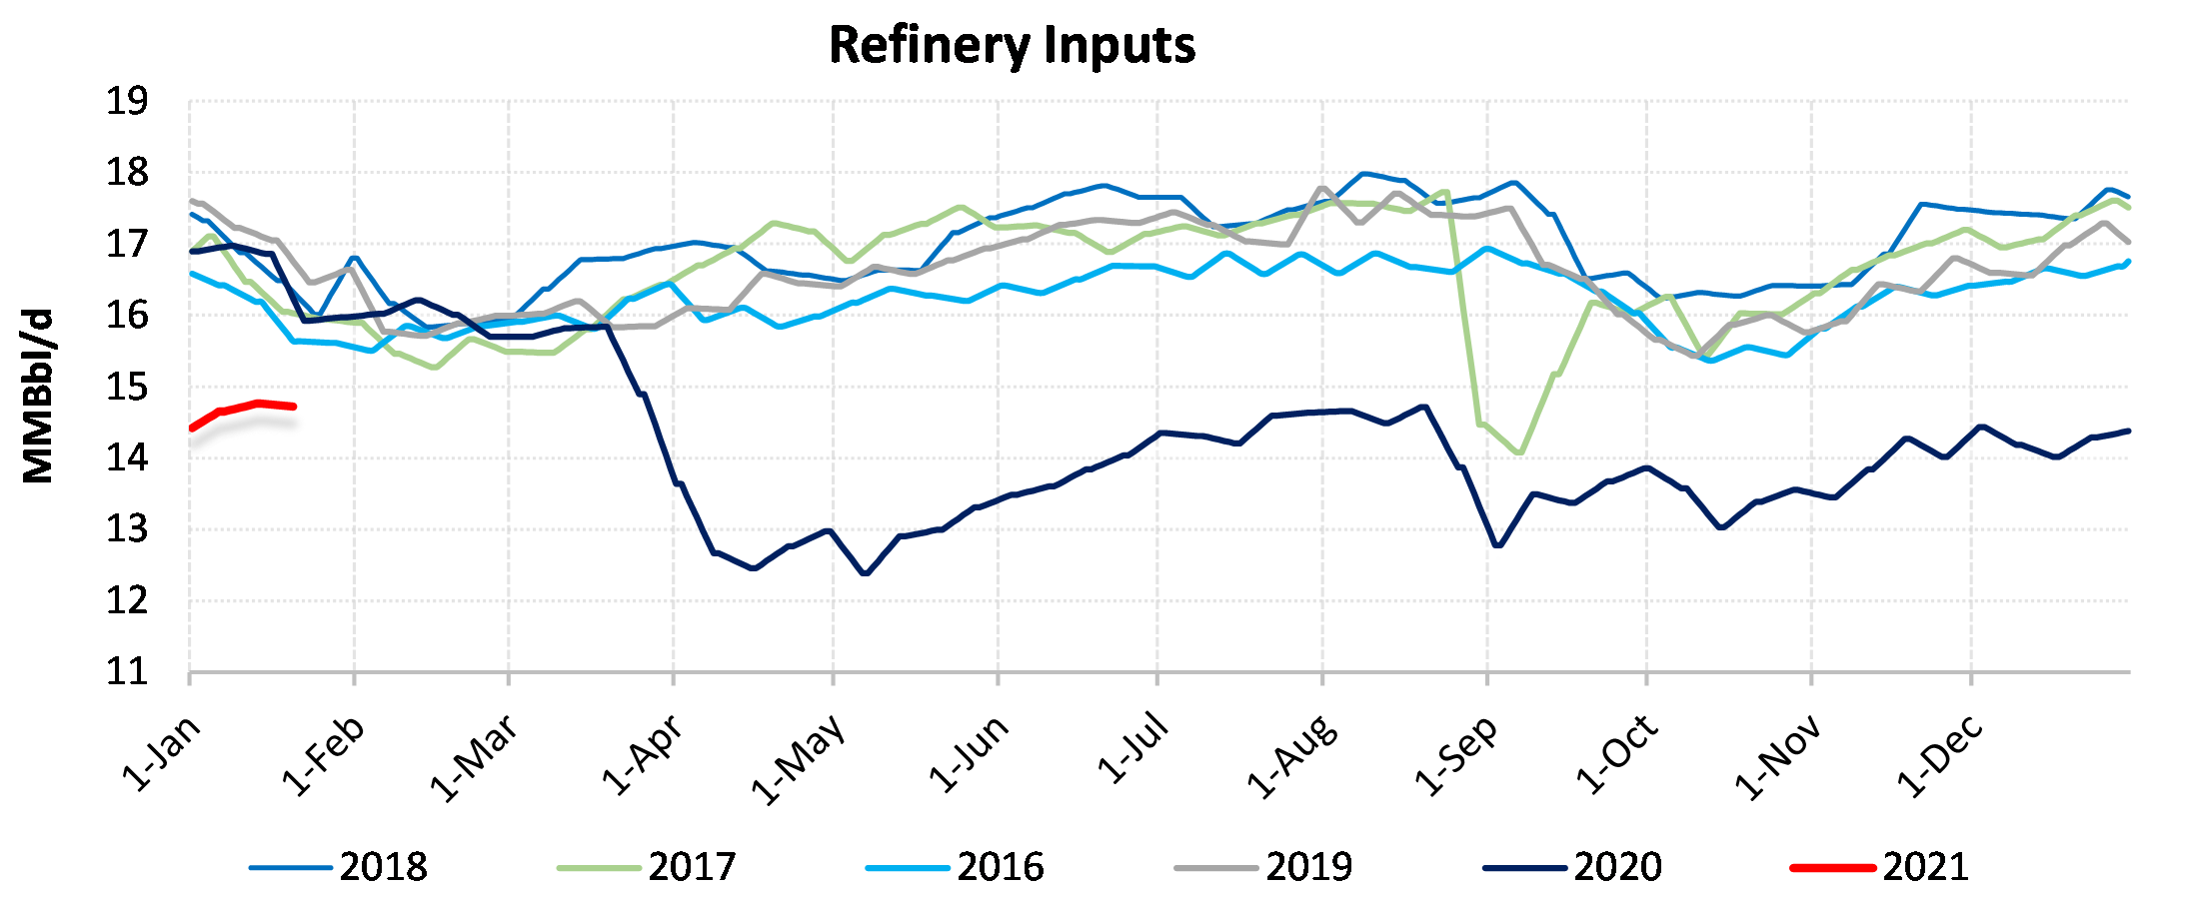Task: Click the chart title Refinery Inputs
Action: tap(1012, 46)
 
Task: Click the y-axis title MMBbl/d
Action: tap(38, 397)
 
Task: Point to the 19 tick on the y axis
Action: tap(127, 102)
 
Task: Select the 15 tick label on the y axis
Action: tap(127, 388)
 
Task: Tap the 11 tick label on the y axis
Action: tap(127, 672)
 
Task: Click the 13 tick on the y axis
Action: tap(127, 529)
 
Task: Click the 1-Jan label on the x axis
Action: tap(162, 753)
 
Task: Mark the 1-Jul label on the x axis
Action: tap(1132, 749)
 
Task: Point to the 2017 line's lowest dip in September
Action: tap(1519, 452)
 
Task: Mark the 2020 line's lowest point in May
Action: tap(865, 573)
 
